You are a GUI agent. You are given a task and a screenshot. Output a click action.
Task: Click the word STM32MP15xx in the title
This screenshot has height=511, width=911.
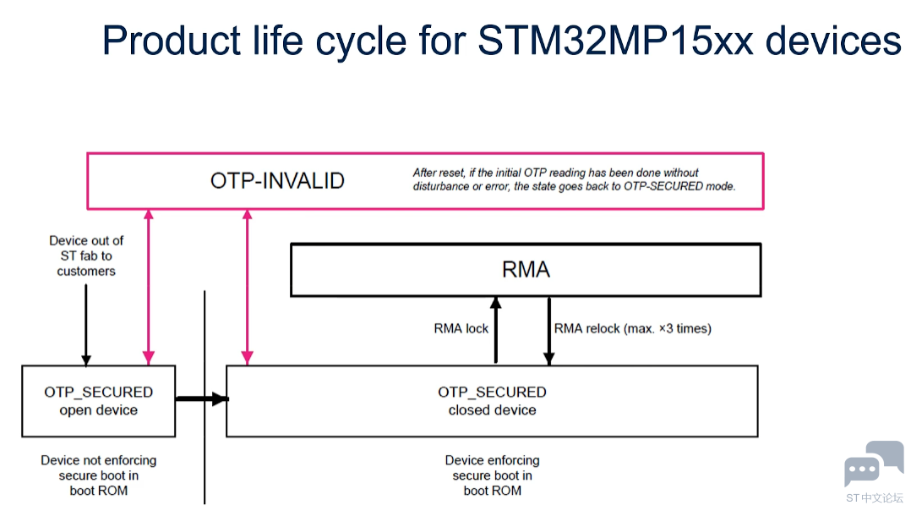pos(616,40)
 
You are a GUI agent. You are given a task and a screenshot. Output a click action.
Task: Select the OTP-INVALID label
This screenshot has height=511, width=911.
pos(277,181)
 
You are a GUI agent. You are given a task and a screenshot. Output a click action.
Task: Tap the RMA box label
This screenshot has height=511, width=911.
pos(526,270)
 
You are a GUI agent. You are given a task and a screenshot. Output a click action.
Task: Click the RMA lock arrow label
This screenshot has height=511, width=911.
pos(461,328)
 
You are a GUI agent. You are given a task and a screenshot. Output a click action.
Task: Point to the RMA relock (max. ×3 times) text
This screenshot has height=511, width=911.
pos(633,328)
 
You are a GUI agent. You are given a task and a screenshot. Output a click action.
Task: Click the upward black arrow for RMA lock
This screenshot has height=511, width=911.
pos(495,330)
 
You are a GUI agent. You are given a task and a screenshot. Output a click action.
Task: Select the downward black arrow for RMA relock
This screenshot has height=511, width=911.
pos(549,331)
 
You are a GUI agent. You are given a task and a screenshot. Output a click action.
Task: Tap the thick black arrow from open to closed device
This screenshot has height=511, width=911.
pos(202,398)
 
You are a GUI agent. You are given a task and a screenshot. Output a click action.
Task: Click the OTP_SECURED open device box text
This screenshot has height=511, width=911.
pos(99,400)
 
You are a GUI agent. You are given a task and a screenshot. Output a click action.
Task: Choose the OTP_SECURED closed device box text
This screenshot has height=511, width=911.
pos(492,400)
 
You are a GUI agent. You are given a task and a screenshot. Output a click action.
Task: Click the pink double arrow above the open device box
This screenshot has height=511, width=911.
pos(149,287)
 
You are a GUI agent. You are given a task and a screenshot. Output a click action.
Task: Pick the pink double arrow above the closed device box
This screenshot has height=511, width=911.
pos(247,287)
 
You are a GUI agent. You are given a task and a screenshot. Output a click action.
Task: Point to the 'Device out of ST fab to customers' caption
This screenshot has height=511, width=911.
pos(86,255)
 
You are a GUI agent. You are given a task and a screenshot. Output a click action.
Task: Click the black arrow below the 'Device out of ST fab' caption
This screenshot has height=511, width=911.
pos(86,325)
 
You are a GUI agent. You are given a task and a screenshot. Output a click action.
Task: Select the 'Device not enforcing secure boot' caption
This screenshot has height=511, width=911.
pos(99,475)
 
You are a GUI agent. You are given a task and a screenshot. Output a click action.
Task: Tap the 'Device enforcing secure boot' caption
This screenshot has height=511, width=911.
pos(492,475)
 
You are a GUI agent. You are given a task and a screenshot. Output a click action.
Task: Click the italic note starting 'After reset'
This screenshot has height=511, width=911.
pos(574,179)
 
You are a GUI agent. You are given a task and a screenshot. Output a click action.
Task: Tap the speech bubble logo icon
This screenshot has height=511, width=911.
pos(874,463)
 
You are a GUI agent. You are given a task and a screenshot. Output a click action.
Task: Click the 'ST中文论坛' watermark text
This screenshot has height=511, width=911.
pos(875,498)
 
